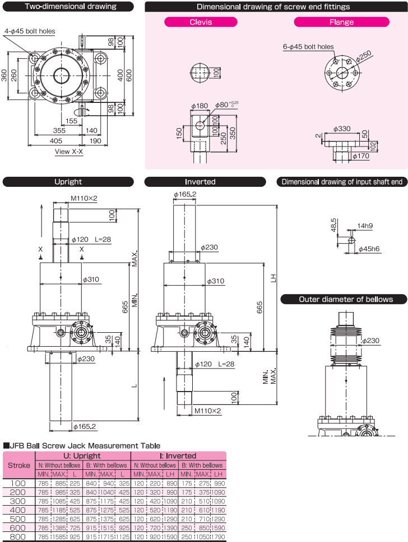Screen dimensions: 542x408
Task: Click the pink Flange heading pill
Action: pyautogui.click(x=342, y=22)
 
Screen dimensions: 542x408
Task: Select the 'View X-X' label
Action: pyautogui.click(x=69, y=152)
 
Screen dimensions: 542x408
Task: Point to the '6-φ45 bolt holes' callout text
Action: pyautogui.click(x=308, y=47)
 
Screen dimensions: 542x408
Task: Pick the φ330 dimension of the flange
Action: pyautogui.click(x=342, y=129)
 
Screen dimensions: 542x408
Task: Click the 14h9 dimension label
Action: pyautogui.click(x=366, y=227)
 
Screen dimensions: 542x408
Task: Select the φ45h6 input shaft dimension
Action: pyautogui.click(x=369, y=248)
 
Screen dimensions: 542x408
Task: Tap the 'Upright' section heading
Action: pyautogui.click(x=68, y=182)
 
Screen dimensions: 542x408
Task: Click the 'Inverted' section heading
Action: pyautogui.click(x=200, y=182)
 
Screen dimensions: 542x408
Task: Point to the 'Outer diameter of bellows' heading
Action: pyautogui.click(x=344, y=299)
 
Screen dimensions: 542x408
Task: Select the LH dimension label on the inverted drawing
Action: pyautogui.click(x=273, y=277)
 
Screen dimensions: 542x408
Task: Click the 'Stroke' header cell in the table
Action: pyautogui.click(x=19, y=465)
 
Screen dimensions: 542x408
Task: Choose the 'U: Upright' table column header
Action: pyautogui.click(x=83, y=456)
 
